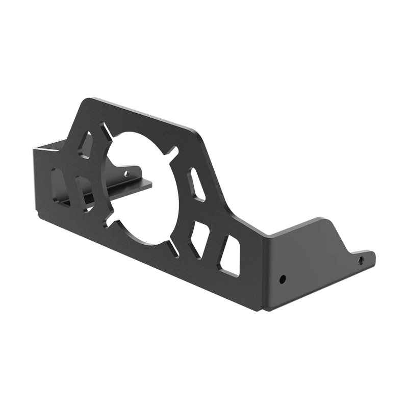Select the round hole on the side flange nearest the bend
(x=282, y=279)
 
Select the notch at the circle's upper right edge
(x=172, y=151)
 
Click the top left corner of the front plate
(x=88, y=97)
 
